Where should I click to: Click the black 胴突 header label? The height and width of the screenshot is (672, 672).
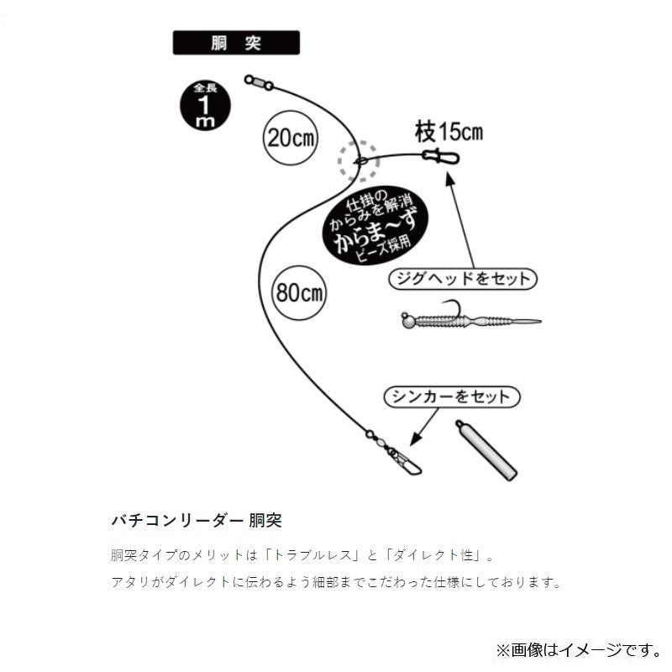[x=236, y=43]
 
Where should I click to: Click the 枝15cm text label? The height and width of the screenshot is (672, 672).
[x=449, y=131]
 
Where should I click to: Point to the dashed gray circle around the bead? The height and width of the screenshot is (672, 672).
[x=359, y=160]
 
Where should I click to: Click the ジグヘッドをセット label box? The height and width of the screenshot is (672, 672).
[x=463, y=279]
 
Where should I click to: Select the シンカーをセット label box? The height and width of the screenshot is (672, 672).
[x=452, y=396]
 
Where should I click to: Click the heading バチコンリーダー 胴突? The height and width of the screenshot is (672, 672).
[x=196, y=520]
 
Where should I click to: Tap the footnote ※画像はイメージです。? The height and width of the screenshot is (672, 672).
[x=577, y=648]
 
